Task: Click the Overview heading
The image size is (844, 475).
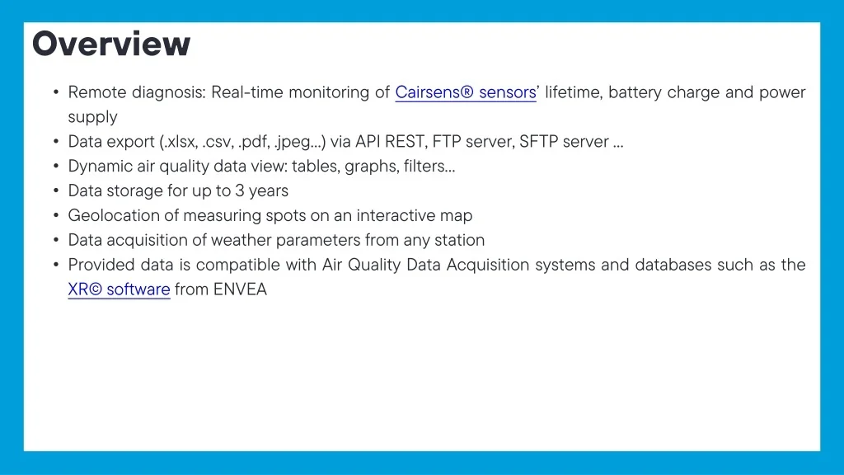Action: pos(111,44)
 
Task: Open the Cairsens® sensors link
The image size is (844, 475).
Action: pos(466,92)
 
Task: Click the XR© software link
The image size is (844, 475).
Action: pos(119,289)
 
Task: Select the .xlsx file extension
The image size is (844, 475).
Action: pos(181,142)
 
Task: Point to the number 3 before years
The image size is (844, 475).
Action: pos(240,190)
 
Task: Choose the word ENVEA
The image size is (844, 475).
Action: pos(240,289)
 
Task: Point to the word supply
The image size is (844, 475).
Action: pos(92,118)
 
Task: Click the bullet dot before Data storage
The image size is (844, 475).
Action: pos(56,190)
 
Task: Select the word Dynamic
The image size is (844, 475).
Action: pos(100,167)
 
